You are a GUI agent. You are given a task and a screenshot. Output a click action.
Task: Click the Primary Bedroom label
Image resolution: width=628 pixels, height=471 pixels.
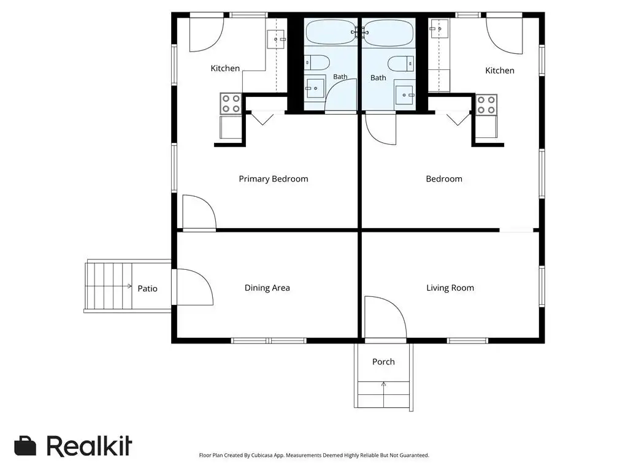point(274,179)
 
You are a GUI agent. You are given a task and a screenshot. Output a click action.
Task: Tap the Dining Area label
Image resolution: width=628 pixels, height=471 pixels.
point(267,288)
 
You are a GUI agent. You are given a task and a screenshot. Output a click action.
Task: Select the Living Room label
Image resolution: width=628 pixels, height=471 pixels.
point(450,288)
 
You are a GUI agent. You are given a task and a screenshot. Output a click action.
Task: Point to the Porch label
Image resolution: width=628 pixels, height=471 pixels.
point(383,362)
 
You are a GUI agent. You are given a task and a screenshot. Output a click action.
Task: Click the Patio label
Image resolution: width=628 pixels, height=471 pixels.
point(147,288)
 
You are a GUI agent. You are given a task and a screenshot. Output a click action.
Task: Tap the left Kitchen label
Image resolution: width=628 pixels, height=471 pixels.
point(225,69)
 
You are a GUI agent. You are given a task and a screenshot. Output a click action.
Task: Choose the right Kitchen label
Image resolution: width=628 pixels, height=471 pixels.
point(499,71)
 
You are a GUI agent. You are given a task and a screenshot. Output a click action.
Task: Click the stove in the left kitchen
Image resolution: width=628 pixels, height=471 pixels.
point(231,103)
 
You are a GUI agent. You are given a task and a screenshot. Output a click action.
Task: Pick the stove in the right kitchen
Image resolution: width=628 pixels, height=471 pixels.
point(486,104)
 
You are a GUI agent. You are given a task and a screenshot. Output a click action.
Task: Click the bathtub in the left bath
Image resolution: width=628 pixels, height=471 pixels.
point(332,32)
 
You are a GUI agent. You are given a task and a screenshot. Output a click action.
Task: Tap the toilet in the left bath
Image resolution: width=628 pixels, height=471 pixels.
point(317,63)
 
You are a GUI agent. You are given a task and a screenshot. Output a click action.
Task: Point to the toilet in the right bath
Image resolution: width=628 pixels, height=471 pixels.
point(401,64)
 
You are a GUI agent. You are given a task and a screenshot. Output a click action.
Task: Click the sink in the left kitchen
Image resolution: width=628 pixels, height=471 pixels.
point(276,39)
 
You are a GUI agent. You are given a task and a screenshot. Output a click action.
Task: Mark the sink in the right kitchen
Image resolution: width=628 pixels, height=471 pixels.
point(439,28)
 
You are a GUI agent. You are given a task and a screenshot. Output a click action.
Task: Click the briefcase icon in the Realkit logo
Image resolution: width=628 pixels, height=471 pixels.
point(25,445)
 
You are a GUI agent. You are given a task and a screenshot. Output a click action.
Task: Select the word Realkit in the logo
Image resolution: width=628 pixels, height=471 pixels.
point(90,446)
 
